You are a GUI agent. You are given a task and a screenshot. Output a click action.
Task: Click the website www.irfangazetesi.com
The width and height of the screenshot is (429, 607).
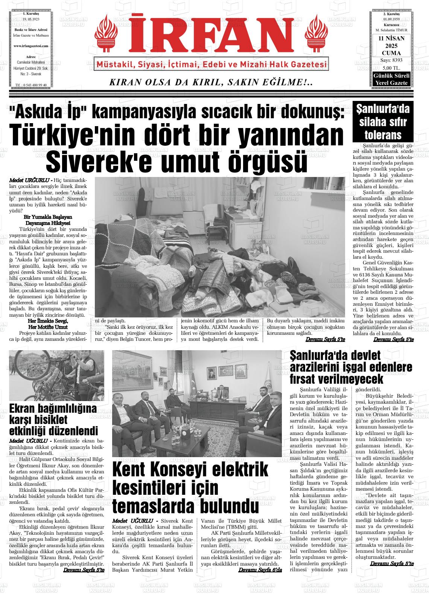click(31, 46)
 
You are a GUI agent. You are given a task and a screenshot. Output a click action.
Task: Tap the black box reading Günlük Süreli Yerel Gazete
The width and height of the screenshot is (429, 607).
click(390, 79)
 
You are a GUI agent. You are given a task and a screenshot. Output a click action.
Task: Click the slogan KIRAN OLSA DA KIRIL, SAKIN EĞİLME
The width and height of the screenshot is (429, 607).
click(211, 82)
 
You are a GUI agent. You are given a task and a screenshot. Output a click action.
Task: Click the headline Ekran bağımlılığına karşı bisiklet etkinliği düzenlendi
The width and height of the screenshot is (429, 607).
click(53, 419)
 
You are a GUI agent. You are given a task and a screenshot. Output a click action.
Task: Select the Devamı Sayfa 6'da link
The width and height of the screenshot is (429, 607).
click(260, 570)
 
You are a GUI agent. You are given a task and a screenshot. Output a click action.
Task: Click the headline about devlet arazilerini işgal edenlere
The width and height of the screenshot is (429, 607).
click(351, 367)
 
